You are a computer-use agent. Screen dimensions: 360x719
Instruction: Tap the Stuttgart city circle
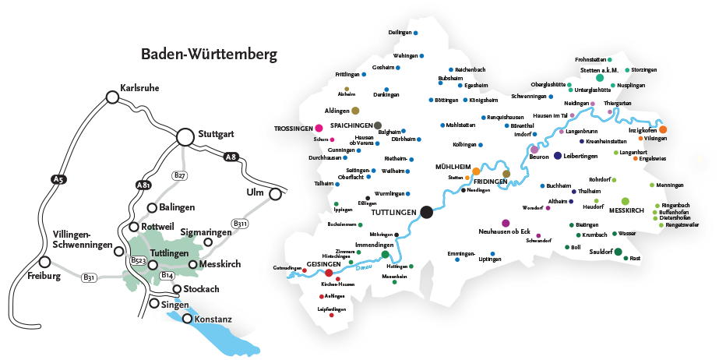(x=185, y=136)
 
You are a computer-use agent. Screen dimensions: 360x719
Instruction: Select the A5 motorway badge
(x=57, y=180)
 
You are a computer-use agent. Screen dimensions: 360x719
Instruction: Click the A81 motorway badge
(x=143, y=185)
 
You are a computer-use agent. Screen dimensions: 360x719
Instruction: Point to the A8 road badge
(x=230, y=157)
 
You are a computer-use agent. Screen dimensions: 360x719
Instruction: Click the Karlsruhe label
(x=140, y=88)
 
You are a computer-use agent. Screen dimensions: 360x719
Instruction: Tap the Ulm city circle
(x=275, y=193)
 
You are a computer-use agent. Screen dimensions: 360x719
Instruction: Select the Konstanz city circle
(x=187, y=318)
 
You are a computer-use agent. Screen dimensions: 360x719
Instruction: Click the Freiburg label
(x=43, y=276)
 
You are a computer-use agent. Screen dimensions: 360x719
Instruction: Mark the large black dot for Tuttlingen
(x=426, y=211)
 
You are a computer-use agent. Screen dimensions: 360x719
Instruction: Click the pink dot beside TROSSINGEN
(x=319, y=128)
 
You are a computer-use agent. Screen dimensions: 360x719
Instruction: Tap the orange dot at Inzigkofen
(x=662, y=129)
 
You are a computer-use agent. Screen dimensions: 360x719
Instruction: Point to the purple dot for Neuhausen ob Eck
(x=506, y=223)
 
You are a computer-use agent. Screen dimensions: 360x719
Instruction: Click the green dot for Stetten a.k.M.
(x=600, y=78)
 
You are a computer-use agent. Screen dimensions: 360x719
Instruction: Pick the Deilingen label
(x=399, y=33)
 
